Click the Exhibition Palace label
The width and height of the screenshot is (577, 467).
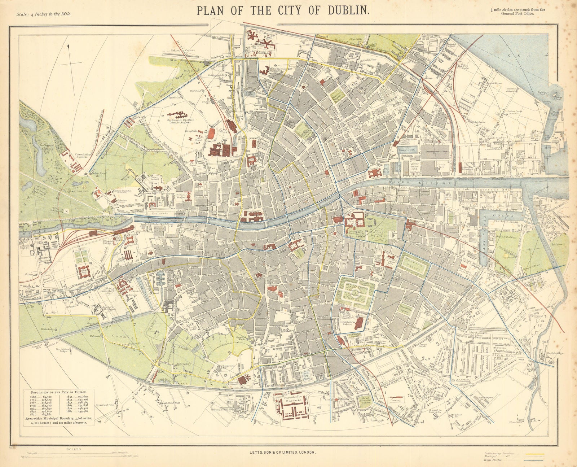pos(346,323)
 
